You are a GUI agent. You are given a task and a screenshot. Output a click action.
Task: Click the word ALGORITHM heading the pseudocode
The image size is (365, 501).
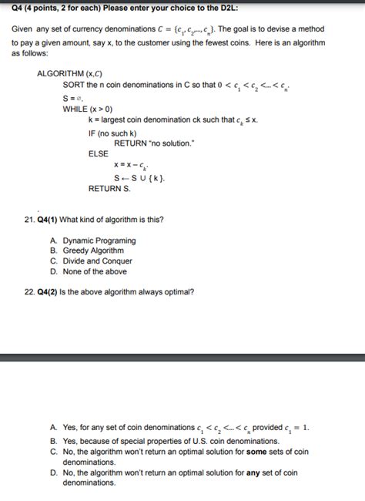[x=61, y=75]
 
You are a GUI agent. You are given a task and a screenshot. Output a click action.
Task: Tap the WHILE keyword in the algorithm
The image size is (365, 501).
[x=76, y=109]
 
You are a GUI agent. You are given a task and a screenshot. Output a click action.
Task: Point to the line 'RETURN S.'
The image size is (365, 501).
[x=109, y=187]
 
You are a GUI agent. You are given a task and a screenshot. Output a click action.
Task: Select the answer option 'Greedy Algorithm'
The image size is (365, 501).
[x=93, y=250]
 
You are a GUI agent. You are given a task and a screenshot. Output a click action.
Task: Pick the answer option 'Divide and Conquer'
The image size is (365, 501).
[x=97, y=261]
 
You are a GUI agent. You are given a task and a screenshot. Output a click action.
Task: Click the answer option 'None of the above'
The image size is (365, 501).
[x=95, y=271]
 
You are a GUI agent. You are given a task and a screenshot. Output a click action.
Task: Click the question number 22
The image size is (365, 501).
[x=28, y=292]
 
